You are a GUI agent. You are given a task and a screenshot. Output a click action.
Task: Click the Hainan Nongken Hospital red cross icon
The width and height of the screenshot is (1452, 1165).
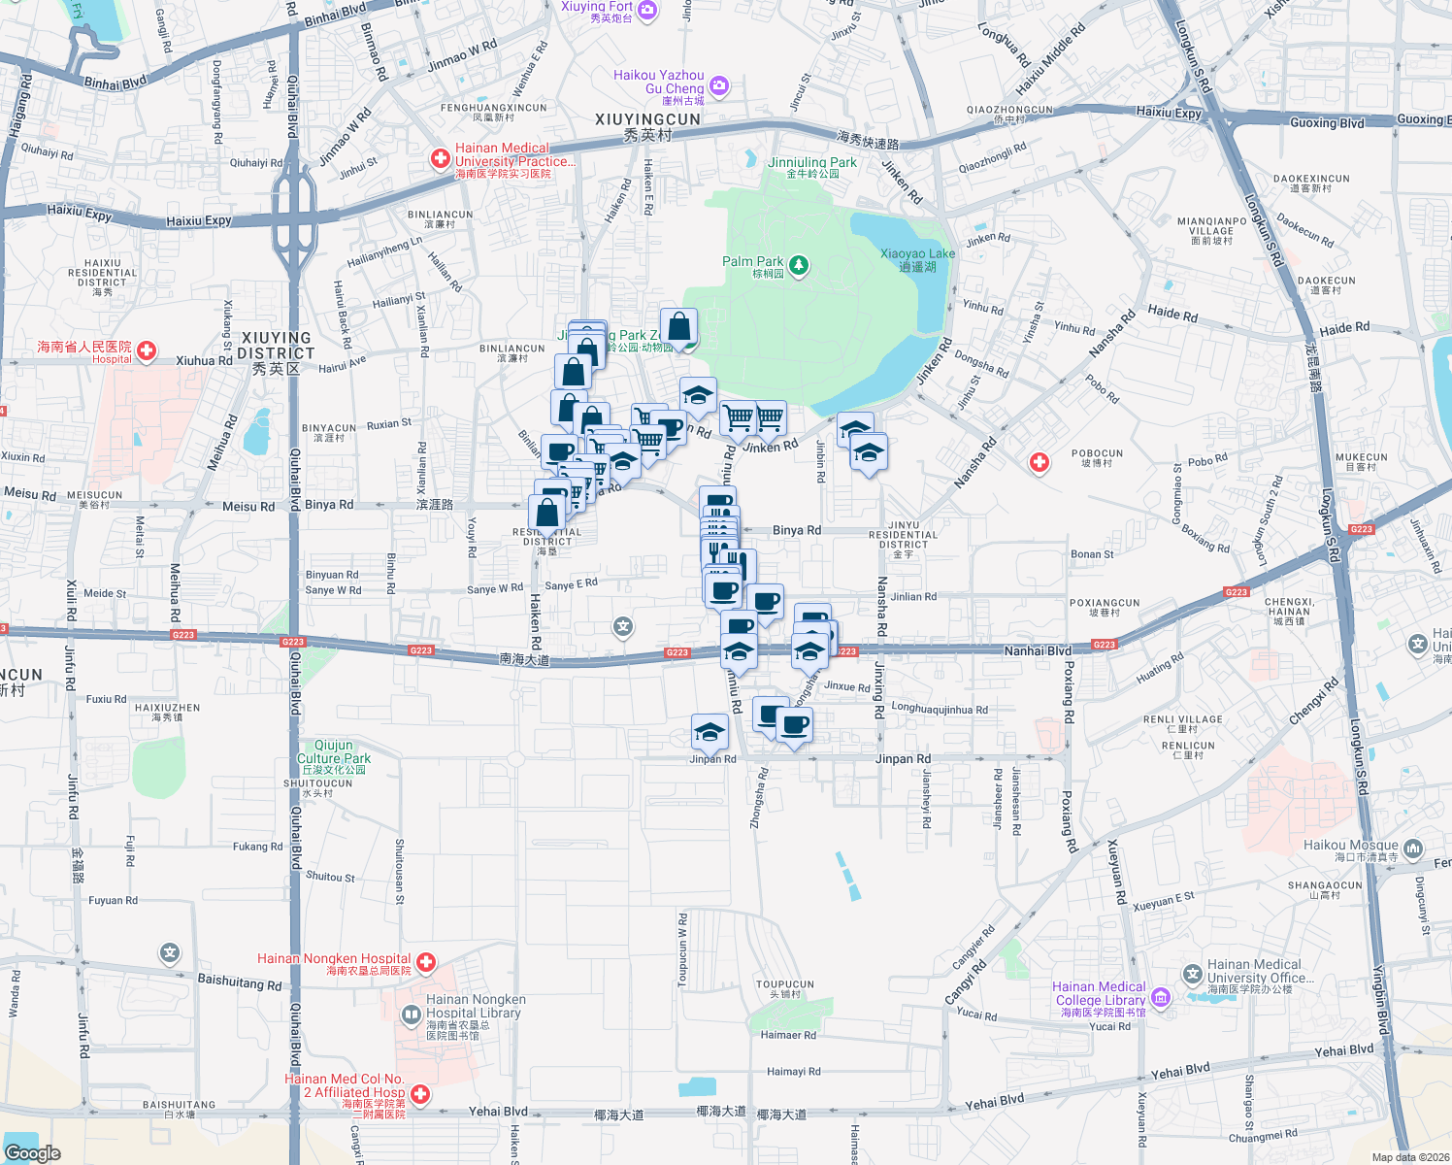pyautogui.click(x=426, y=962)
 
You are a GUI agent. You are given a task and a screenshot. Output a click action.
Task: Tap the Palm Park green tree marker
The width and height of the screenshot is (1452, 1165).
pyautogui.click(x=799, y=265)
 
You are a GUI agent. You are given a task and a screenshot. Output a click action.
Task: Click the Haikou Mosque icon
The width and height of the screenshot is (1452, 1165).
pyautogui.click(x=1412, y=848)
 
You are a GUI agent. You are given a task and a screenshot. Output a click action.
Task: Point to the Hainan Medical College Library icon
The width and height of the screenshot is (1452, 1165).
pyautogui.click(x=1161, y=998)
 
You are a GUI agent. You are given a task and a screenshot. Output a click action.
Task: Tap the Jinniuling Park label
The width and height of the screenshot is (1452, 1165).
pyautogui.click(x=812, y=163)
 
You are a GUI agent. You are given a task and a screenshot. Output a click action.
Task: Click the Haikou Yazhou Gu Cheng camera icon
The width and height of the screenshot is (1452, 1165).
pyautogui.click(x=718, y=85)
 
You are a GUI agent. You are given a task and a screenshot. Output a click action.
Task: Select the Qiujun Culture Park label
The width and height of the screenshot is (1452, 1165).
pyautogui.click(x=334, y=752)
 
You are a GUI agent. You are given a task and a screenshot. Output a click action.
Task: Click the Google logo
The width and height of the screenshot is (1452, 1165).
pyautogui.click(x=33, y=1152)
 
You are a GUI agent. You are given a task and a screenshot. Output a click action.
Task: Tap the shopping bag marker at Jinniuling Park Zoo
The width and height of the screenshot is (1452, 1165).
pyautogui.click(x=679, y=326)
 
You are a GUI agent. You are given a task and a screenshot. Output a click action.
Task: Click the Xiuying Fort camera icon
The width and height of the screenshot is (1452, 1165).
pyautogui.click(x=647, y=10)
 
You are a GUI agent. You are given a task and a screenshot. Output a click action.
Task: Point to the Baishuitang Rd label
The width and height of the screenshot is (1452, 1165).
pyautogui.click(x=240, y=982)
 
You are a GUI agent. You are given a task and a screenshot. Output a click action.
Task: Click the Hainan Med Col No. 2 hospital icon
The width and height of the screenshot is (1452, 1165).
pyautogui.click(x=420, y=1094)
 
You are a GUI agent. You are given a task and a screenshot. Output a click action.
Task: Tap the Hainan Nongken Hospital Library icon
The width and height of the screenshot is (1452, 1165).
pyautogui.click(x=411, y=1015)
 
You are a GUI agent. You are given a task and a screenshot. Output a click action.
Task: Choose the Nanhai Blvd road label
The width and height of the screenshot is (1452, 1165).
pyautogui.click(x=1038, y=650)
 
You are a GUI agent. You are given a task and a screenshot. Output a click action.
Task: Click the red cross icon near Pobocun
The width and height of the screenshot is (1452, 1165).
pyautogui.click(x=1039, y=462)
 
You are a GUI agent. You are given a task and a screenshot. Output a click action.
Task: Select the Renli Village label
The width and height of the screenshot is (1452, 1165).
pyautogui.click(x=1182, y=719)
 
